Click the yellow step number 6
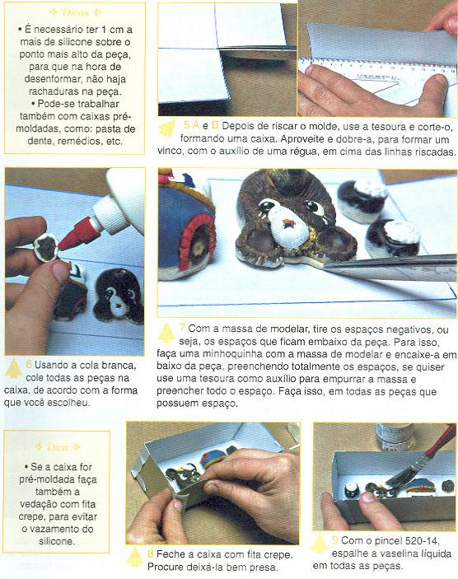coord(29,365)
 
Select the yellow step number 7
coord(182,328)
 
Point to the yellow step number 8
coord(151,554)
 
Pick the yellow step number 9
coord(335,539)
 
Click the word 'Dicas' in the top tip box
coord(75,12)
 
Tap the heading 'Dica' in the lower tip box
coord(58,447)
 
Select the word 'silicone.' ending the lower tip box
coord(57,541)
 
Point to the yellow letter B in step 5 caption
coord(215,125)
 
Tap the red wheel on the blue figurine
coord(196,242)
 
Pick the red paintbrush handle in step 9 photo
coord(441,441)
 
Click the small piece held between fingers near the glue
coord(46,247)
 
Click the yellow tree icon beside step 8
coord(134,557)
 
